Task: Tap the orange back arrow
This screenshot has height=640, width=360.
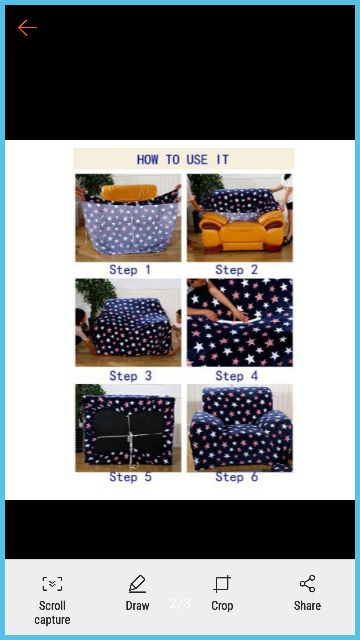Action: [x=27, y=28]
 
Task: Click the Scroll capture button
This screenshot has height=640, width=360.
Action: [x=52, y=600]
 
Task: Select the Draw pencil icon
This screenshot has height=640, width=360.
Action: [x=137, y=584]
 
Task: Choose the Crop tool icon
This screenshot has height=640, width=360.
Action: [x=222, y=584]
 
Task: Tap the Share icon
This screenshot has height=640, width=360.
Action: [x=307, y=584]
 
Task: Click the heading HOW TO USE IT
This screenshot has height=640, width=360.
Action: [x=183, y=159]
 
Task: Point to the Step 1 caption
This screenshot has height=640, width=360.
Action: [x=130, y=270]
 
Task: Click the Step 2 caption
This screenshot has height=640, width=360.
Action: [x=237, y=270]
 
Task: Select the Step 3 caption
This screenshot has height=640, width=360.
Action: [x=130, y=376]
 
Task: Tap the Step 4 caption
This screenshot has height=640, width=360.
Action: [x=237, y=376]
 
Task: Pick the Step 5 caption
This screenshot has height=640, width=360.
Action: [x=130, y=477]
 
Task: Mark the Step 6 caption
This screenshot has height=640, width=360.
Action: [x=237, y=477]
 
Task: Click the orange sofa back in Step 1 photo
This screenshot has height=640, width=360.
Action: [x=129, y=192]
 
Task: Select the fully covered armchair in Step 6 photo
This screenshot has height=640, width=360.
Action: [x=240, y=429]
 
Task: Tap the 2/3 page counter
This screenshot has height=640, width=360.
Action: [x=180, y=603]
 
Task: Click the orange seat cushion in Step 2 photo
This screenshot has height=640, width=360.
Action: [x=240, y=233]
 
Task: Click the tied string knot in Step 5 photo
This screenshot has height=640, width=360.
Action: [x=130, y=438]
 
